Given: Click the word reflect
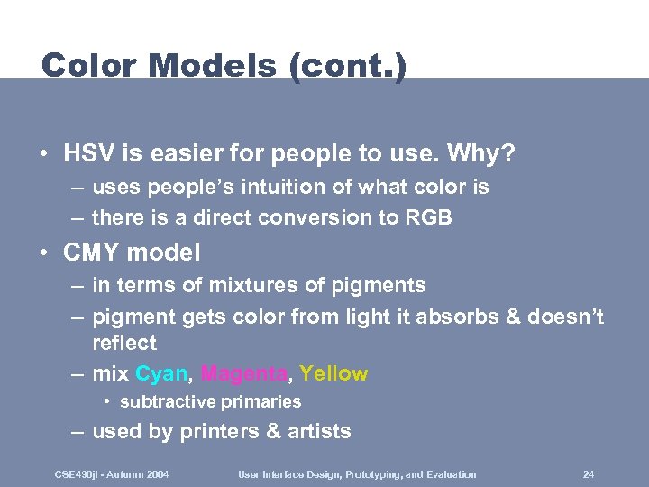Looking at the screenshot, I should point(123,343).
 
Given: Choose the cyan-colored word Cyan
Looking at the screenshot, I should point(160,373).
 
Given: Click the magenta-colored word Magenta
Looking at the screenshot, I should point(244,373).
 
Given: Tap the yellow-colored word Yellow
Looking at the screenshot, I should point(334,373).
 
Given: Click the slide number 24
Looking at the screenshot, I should point(589,474).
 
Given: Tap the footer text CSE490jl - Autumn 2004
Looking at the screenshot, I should point(112,474).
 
